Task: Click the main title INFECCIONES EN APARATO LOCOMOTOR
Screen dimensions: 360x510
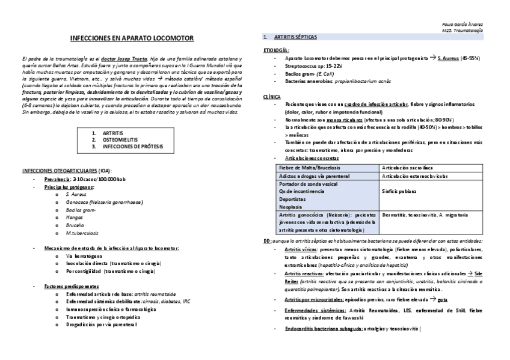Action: [132, 38]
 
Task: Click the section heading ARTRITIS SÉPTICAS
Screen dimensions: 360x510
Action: [294, 37]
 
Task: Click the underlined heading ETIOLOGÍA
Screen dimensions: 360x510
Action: [276, 50]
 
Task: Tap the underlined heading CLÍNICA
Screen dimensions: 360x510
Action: [272, 96]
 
